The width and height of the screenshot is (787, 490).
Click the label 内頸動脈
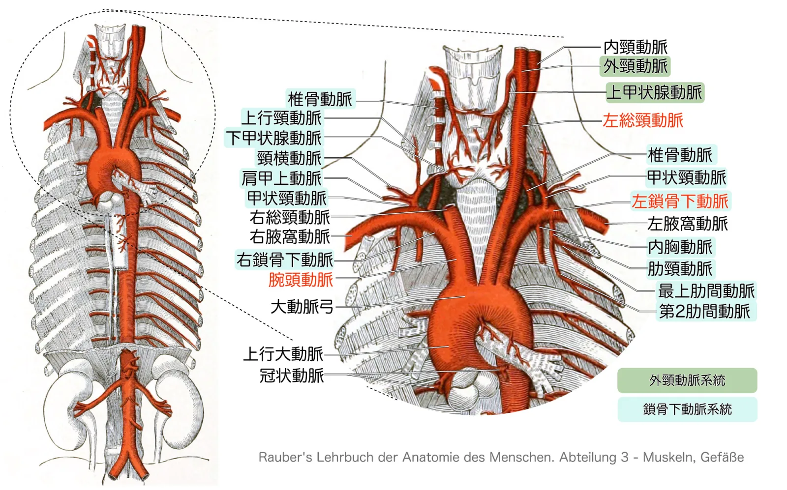tap(635, 47)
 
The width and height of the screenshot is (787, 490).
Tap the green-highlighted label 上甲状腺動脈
tap(655, 93)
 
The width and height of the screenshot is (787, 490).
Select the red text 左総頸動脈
tap(643, 120)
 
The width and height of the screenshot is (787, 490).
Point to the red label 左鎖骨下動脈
tap(680, 201)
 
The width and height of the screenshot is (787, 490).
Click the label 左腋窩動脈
tap(688, 224)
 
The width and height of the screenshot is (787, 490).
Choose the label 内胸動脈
tap(680, 247)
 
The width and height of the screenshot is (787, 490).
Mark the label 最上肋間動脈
tap(706, 290)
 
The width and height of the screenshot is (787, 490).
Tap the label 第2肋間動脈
tap(705, 311)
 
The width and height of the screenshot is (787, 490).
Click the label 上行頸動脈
tap(281, 118)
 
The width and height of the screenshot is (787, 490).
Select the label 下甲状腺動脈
tap(273, 138)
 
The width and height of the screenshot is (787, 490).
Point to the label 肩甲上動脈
tap(281, 178)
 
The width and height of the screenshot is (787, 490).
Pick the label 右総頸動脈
tap(290, 218)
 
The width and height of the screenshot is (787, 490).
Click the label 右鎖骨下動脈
tap(284, 259)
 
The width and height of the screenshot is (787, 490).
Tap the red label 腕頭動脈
tap(301, 280)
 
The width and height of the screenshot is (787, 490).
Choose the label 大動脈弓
tap(302, 307)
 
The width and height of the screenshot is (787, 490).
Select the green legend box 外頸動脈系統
tap(687, 380)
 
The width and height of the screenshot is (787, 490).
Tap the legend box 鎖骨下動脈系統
tap(687, 409)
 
